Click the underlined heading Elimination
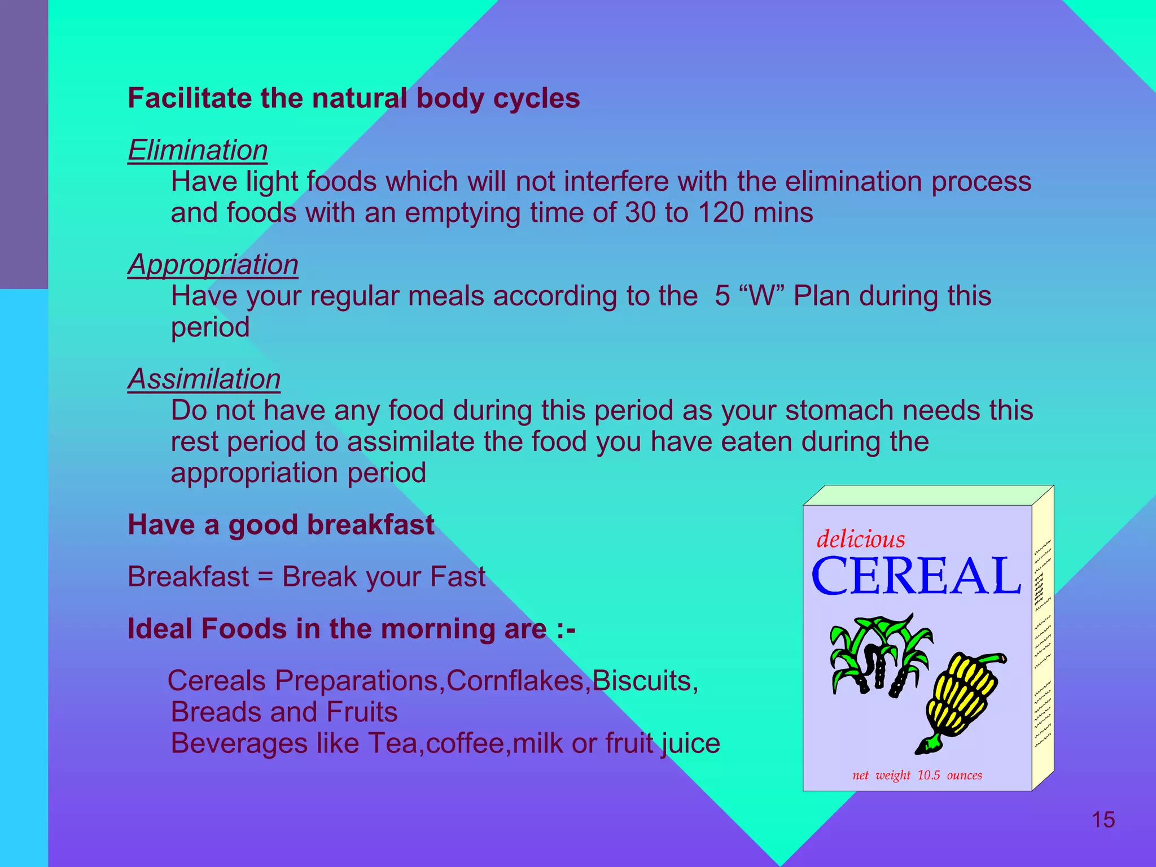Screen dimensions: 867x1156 [x=198, y=151]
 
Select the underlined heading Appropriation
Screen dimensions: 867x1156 [x=213, y=265]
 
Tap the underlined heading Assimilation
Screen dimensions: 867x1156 [x=204, y=379]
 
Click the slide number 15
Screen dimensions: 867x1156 [x=1103, y=820]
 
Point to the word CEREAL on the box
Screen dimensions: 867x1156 [x=916, y=576]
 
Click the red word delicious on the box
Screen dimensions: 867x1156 [x=861, y=539]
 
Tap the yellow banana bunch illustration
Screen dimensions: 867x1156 [x=960, y=700]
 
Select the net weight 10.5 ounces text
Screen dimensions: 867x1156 [x=917, y=775]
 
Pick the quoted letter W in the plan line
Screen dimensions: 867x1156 [x=761, y=296]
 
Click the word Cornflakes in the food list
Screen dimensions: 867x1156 [x=515, y=681]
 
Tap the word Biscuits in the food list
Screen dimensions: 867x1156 [x=642, y=681]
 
